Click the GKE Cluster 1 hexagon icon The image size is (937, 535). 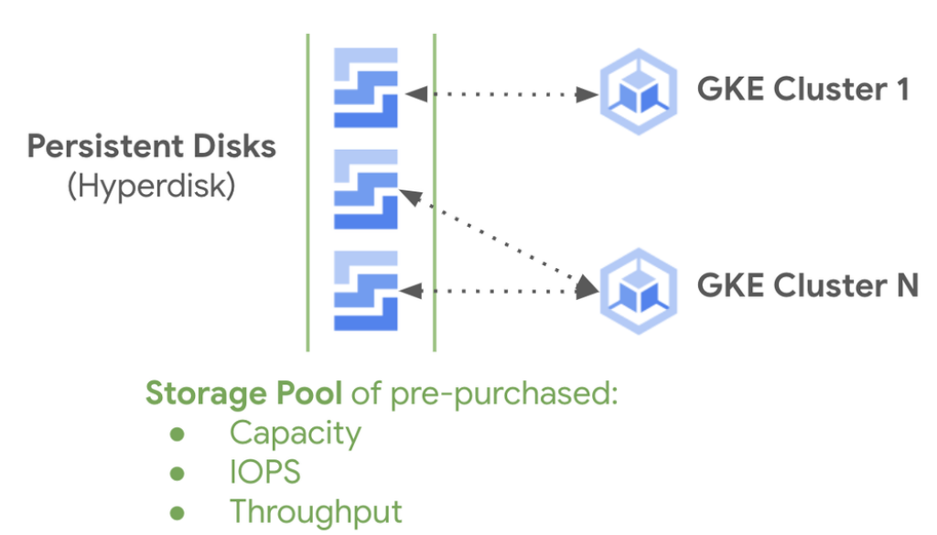(638, 91)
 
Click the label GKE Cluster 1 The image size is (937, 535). (803, 90)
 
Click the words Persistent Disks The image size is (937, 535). (152, 146)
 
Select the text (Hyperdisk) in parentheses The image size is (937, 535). (152, 186)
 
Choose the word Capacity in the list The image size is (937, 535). (295, 433)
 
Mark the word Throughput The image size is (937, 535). (316, 511)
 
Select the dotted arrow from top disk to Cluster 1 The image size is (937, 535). (501, 93)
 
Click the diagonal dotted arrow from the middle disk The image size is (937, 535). (501, 240)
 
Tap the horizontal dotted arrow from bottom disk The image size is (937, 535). (501, 290)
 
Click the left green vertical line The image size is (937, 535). (307, 192)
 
